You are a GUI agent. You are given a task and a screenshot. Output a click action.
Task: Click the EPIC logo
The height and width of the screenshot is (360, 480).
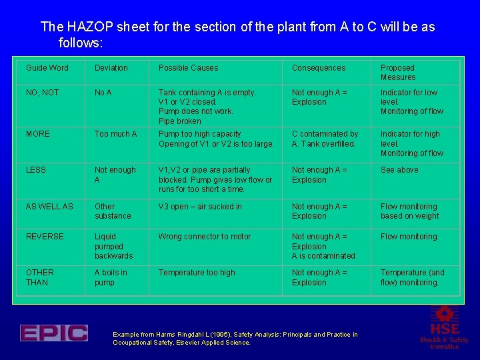click(53, 333)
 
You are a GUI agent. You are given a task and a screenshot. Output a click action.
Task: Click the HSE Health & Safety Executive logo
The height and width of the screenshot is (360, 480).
click(444, 327)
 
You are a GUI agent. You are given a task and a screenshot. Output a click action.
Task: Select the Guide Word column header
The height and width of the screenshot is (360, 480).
click(47, 68)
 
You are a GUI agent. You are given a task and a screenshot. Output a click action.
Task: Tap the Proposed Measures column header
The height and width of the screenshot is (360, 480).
click(398, 73)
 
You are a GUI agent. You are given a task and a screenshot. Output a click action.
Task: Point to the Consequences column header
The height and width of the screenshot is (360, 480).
click(319, 68)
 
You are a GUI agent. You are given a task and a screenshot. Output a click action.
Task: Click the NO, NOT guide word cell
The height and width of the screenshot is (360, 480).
click(42, 93)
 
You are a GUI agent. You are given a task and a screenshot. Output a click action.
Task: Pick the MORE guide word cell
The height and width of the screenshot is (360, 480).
click(38, 134)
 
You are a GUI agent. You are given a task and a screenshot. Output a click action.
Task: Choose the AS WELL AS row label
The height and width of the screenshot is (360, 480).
click(49, 207)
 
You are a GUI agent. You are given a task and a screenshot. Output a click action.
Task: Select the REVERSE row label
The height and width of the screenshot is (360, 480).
click(45, 237)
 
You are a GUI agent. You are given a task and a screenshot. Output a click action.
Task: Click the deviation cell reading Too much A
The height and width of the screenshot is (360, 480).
click(115, 134)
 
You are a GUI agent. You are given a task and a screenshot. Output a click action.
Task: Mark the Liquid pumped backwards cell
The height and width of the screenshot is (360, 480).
click(113, 246)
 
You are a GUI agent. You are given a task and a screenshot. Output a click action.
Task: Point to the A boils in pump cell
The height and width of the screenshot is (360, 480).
click(111, 277)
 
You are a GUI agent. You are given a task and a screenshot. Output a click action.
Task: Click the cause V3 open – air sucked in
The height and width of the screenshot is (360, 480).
click(200, 207)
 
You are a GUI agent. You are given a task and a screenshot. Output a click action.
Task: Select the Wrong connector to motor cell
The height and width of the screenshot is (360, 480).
click(205, 237)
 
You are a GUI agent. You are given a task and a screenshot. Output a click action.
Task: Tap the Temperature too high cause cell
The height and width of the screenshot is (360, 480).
click(197, 273)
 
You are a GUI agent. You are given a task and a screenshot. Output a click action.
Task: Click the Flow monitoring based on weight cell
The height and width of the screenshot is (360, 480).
click(409, 211)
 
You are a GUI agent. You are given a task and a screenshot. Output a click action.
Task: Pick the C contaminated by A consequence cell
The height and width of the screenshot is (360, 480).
click(325, 139)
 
